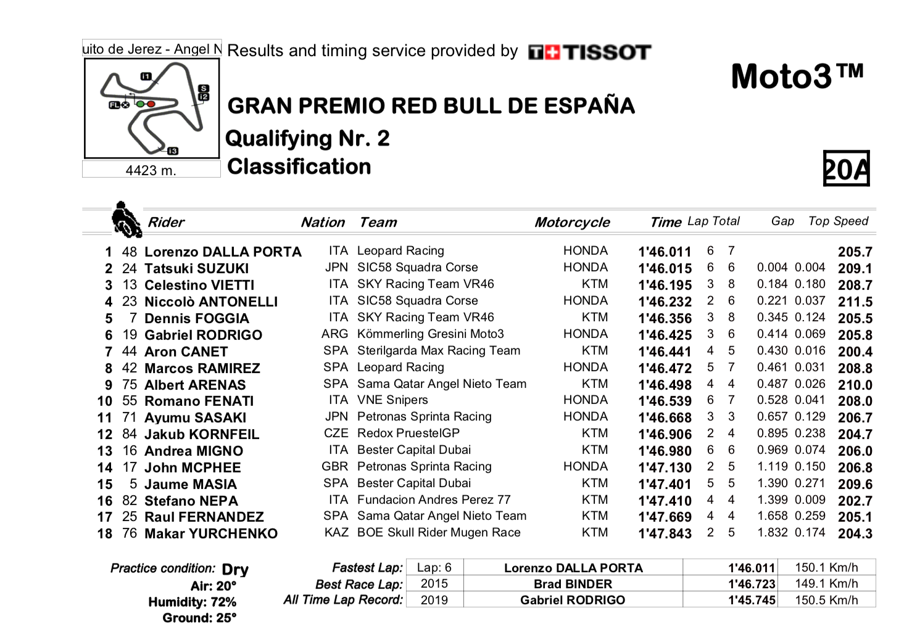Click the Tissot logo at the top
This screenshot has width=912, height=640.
(589, 52)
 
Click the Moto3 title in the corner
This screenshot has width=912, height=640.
(797, 77)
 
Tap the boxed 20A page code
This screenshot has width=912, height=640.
(846, 168)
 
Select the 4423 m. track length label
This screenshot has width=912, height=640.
(151, 170)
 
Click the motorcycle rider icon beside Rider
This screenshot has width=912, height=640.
(126, 220)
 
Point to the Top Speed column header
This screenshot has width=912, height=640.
(838, 221)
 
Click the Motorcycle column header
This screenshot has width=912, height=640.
(572, 223)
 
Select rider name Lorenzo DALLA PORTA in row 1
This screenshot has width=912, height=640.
(223, 252)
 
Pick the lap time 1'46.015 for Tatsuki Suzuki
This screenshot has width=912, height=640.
(665, 269)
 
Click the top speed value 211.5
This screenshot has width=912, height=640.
(855, 302)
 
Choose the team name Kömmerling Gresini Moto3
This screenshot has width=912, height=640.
(430, 334)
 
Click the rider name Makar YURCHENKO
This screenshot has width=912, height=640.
(211, 534)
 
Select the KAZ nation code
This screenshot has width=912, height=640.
(336, 533)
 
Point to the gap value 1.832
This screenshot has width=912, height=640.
(773, 533)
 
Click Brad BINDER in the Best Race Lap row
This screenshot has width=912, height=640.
(573, 584)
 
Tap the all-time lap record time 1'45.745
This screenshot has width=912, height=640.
(751, 601)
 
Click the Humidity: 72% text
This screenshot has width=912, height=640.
(192, 602)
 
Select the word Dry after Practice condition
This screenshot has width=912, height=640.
(235, 570)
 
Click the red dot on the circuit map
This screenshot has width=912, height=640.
(151, 104)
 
